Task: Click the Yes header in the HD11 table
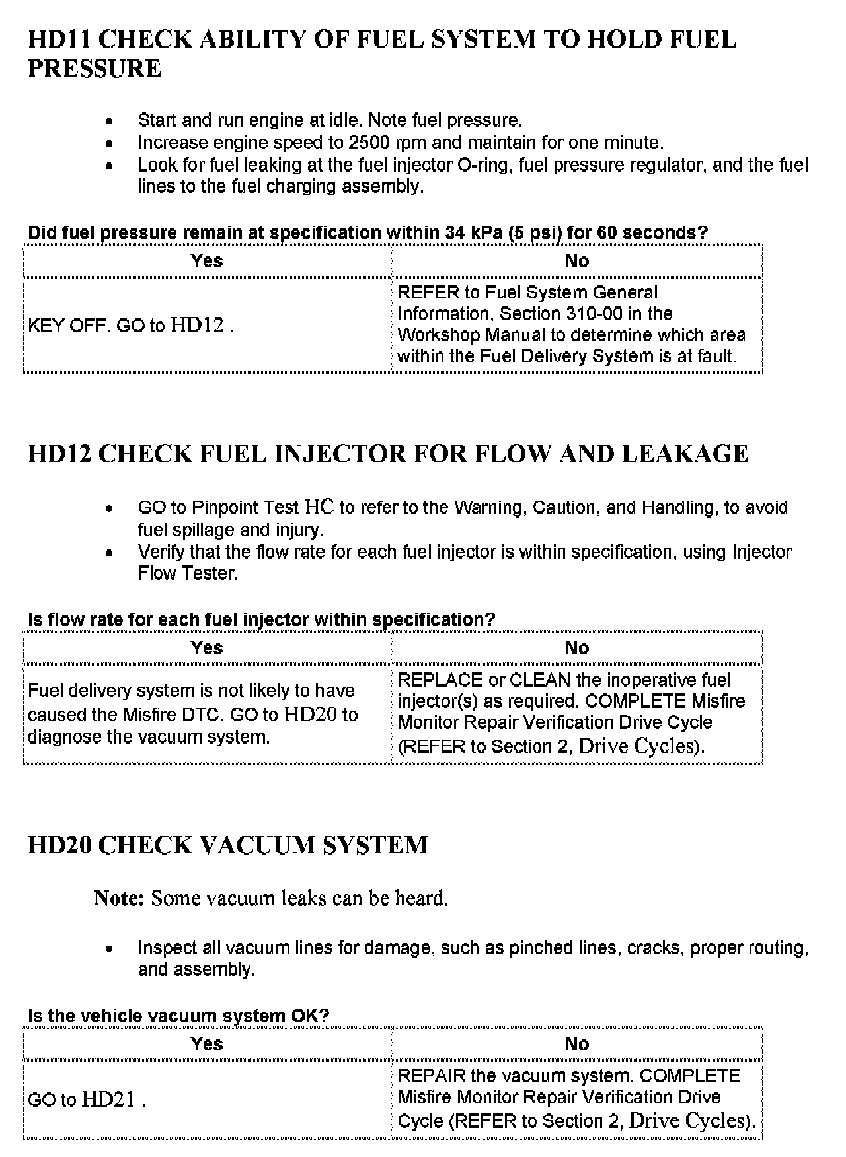pos(207,261)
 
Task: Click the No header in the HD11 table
pos(576,261)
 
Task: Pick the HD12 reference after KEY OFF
pos(197,325)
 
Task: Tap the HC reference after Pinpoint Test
pos(319,507)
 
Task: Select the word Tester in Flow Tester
pos(210,573)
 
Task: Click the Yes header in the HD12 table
pos(207,648)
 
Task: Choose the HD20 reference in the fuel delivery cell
pos(311,715)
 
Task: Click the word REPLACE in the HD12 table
pos(440,680)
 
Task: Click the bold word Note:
pos(119,898)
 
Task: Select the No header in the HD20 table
pos(576,1044)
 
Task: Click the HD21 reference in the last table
pos(108,1100)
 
